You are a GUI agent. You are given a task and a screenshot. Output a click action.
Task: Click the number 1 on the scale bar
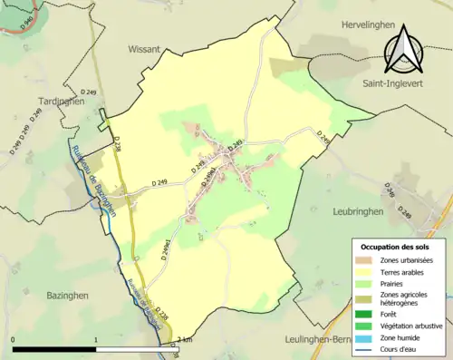click(x=96, y=339)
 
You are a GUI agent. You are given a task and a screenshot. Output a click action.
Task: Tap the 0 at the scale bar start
click(x=14, y=339)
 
